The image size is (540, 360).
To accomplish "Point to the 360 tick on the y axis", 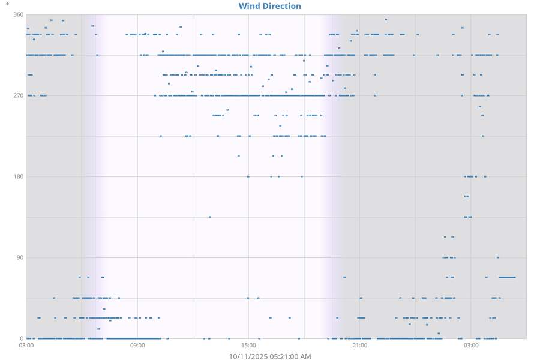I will point(18,14).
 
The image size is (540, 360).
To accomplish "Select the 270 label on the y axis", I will point(18,95).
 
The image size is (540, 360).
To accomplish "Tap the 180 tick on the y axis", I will point(18,176).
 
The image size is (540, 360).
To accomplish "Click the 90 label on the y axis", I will point(20,257).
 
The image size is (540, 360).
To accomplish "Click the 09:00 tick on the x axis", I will point(137,345).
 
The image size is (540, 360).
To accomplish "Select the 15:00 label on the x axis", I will point(248,345).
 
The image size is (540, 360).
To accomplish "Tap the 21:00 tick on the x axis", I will point(359,345).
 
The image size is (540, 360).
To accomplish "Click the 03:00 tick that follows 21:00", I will point(470,345).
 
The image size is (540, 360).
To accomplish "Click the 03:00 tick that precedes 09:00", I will point(26,345).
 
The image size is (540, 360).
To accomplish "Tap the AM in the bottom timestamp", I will point(305,356).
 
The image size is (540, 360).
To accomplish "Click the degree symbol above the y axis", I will point(7,4).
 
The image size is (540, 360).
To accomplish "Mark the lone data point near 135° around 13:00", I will point(210,217).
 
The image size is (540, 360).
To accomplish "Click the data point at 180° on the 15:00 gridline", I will point(248,176).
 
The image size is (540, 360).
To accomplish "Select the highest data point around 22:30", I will point(386,19).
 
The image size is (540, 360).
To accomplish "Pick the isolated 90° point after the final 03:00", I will point(497,257).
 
